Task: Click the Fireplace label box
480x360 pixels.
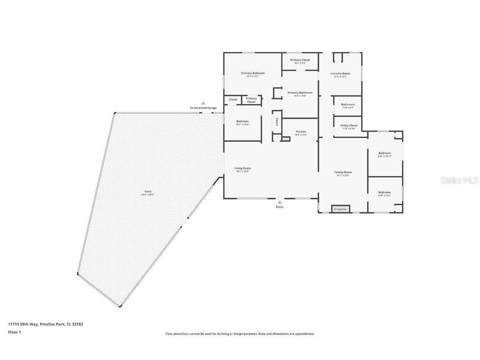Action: pyautogui.click(x=340, y=209)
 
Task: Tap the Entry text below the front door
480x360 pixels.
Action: pyautogui.click(x=280, y=207)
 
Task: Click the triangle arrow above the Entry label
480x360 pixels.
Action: pyautogui.click(x=280, y=202)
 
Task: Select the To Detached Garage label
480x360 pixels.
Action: pyautogui.click(x=203, y=108)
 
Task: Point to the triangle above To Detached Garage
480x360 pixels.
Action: pyautogui.click(x=203, y=103)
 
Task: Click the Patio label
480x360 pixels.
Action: pyautogui.click(x=148, y=191)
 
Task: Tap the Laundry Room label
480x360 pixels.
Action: pyautogui.click(x=340, y=73)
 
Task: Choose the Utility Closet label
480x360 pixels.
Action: pyautogui.click(x=348, y=125)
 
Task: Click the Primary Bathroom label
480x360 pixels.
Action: pyautogui.click(x=300, y=92)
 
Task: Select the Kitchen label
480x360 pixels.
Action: pyautogui.click(x=301, y=132)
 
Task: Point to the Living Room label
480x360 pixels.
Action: pyautogui.click(x=242, y=168)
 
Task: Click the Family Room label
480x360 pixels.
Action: pyautogui.click(x=343, y=172)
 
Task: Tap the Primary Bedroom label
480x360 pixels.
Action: pyautogui.click(x=252, y=73)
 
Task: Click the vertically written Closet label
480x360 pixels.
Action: pyautogui.click(x=277, y=122)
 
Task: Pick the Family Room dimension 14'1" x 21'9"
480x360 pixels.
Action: pyautogui.click(x=343, y=175)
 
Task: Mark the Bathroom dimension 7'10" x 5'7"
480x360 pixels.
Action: pyautogui.click(x=348, y=107)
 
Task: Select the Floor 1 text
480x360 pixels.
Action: pyautogui.click(x=14, y=332)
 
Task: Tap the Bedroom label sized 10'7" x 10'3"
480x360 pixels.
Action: pyautogui.click(x=242, y=121)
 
